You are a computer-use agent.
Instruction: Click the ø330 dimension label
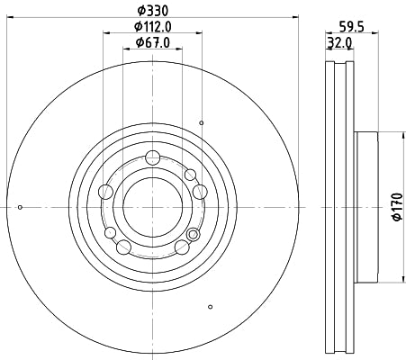[x=151, y=12]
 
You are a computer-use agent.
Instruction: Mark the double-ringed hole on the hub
[x=192, y=236]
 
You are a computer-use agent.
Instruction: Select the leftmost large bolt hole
[x=105, y=190]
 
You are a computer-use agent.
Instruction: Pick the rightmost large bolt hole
[x=199, y=190]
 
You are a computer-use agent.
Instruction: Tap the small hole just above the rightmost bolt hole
[x=190, y=174]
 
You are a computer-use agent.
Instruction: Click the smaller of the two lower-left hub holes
[x=112, y=233]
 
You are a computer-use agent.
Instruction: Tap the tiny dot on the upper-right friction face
[x=203, y=122]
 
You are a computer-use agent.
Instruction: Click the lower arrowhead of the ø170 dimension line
[x=382, y=277]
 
